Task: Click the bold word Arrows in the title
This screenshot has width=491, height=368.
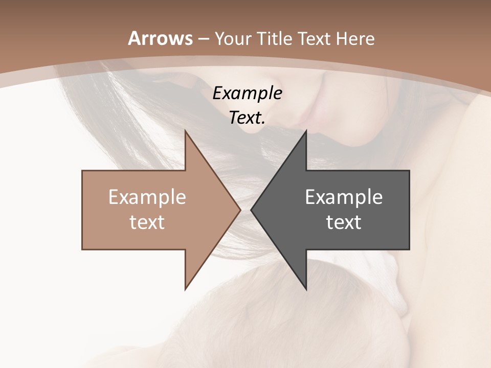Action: (x=160, y=38)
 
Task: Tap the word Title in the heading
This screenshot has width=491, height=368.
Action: (x=275, y=38)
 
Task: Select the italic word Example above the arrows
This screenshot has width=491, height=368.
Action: (x=247, y=93)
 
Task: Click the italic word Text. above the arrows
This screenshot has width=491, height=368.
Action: (x=247, y=118)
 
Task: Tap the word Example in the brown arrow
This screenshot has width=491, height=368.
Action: (x=147, y=197)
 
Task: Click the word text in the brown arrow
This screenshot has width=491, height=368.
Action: (x=147, y=222)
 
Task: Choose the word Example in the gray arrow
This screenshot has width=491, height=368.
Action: (x=344, y=197)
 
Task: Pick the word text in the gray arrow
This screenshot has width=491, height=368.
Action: (x=344, y=222)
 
